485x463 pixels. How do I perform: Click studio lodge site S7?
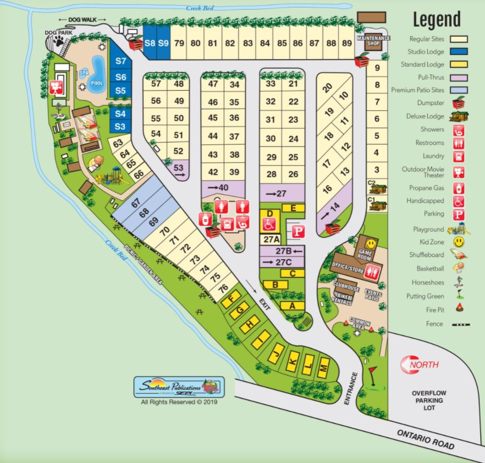120,61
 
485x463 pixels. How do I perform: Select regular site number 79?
179,43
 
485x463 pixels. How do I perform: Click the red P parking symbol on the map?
300,232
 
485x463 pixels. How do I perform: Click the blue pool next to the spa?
97,77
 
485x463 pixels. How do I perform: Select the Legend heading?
436,19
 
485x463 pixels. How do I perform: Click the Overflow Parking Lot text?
429,400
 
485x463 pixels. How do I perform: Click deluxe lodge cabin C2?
381,188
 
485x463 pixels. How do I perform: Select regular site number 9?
377,68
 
